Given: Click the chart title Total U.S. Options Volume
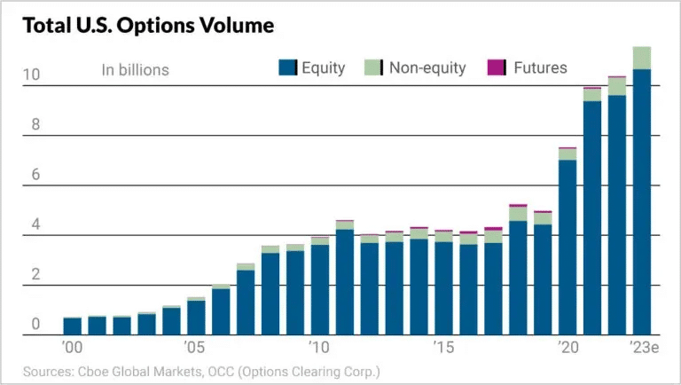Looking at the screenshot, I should pos(148,25).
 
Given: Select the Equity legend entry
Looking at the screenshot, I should pos(311,68).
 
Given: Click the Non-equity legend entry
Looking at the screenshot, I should pos(415,68).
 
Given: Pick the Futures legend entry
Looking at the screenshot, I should pos(528,68).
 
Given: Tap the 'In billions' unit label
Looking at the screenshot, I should pos(135,70).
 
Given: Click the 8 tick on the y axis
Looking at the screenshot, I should pos(35,126).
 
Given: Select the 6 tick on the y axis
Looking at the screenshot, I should pos(35,176).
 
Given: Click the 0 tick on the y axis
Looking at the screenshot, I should pos(35,325).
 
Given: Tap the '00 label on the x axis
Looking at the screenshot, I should pos(72,346).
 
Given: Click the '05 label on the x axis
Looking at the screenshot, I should pos(195,346).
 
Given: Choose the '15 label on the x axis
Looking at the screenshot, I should pos(443,346).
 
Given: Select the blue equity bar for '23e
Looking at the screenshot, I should pos(642,204).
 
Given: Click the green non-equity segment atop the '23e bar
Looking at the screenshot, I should pos(642,58).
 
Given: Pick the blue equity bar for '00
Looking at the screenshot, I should pos(72,326).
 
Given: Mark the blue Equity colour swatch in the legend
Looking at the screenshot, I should pos(286,68).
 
